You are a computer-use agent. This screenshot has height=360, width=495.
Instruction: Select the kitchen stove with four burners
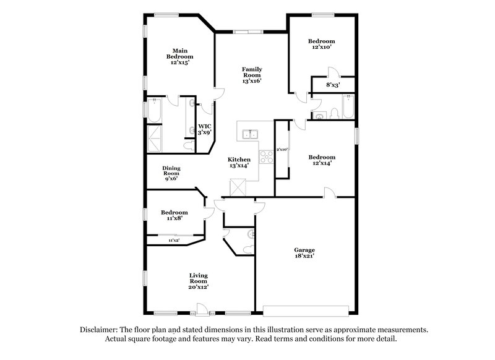(x=266, y=157)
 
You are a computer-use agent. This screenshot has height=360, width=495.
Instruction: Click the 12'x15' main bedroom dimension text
(x=179, y=62)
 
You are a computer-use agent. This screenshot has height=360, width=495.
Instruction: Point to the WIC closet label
(x=204, y=127)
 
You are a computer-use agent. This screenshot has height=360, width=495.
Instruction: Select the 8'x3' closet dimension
(x=332, y=85)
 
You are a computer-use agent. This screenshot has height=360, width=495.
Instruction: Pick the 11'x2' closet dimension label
(x=174, y=240)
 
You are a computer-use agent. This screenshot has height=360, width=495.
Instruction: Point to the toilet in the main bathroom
(x=188, y=145)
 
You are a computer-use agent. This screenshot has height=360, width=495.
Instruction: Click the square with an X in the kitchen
(x=238, y=187)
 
